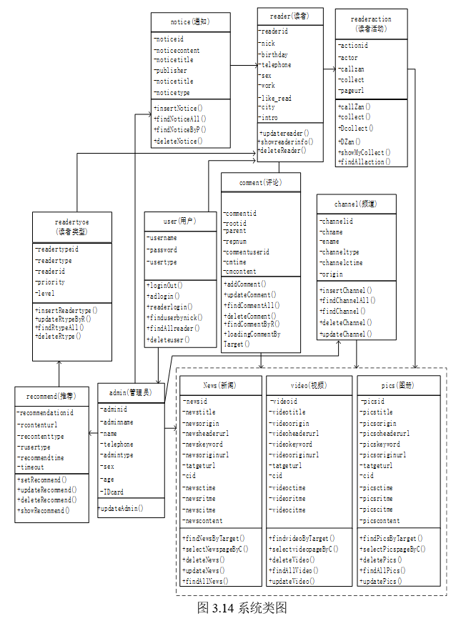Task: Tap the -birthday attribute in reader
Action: (274, 54)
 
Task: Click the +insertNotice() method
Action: (177, 108)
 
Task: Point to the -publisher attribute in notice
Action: (171, 71)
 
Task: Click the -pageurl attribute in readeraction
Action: (352, 91)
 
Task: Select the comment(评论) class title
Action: (261, 183)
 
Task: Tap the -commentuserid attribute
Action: (247, 252)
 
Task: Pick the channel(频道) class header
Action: (355, 204)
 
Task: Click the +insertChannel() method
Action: (346, 290)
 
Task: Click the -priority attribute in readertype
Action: (51, 282)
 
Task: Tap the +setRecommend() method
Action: (42, 480)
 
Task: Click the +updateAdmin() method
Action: (121, 509)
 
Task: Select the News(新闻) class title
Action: (220, 385)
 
